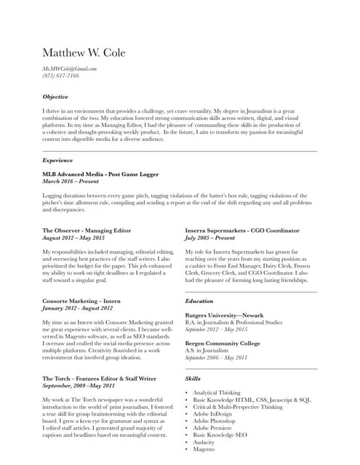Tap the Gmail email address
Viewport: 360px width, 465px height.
[x=69, y=68]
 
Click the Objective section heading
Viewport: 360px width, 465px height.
[x=55, y=97]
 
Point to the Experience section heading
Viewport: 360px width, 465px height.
[x=57, y=160]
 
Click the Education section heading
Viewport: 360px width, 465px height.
[x=199, y=301]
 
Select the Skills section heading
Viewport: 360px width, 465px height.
[x=193, y=379]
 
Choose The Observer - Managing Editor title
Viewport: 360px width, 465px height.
[x=87, y=230]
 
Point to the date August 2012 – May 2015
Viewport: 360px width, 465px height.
[x=73, y=238]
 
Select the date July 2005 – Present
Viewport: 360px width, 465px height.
[x=210, y=238]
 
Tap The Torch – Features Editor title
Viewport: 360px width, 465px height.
[x=99, y=379]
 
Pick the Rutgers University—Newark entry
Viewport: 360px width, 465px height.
[x=224, y=315]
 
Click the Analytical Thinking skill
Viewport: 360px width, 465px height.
[x=217, y=392]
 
